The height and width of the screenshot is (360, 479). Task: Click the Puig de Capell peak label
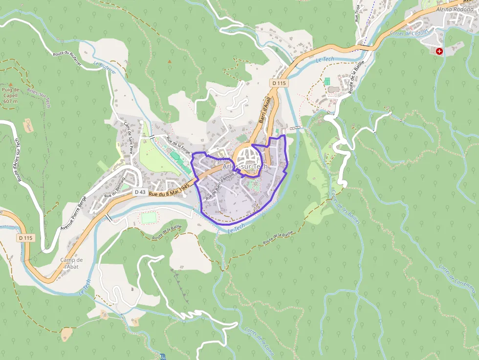click(10, 95)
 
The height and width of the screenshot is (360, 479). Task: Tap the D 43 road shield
click(140, 192)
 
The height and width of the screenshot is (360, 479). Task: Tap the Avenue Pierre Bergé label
click(73, 214)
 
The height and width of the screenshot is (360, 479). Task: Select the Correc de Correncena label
click(457, 278)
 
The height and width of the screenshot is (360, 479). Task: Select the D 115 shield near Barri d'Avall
click(280, 83)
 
